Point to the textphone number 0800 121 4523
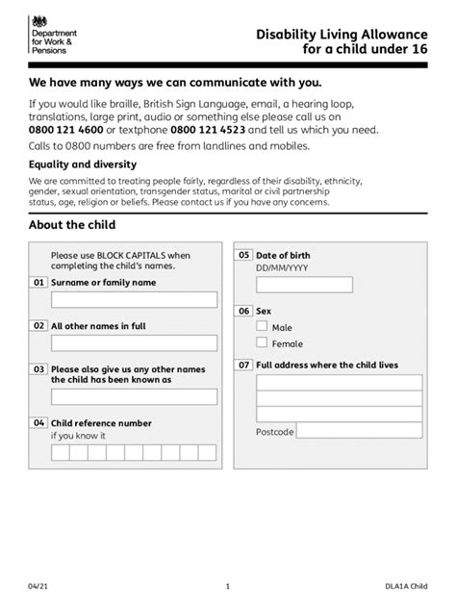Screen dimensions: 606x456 pyautogui.click(x=207, y=129)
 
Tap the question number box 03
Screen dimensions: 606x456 pyautogui.click(x=39, y=368)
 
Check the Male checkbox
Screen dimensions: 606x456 pyautogui.click(x=262, y=327)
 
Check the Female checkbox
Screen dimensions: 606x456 pyautogui.click(x=262, y=343)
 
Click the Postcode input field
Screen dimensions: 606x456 pyautogui.click(x=360, y=432)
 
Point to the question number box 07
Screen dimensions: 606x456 pyautogui.click(x=244, y=366)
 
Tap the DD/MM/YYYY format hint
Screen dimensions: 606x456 pyautogui.click(x=284, y=269)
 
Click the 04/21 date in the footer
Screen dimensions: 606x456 pyautogui.click(x=38, y=586)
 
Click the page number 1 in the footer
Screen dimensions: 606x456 pyautogui.click(x=228, y=586)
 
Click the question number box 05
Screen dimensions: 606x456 pyautogui.click(x=244, y=255)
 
